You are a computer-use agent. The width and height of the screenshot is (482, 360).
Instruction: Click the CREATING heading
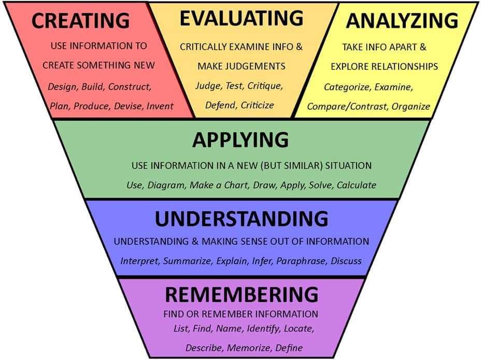[x=80, y=20]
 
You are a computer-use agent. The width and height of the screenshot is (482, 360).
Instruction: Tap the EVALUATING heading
[x=242, y=18]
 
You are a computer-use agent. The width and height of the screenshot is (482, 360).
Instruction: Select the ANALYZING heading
[x=402, y=20]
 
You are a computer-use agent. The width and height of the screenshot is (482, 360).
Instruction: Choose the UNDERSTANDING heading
[x=242, y=219]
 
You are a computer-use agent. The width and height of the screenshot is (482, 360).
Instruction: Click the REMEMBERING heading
[x=242, y=295]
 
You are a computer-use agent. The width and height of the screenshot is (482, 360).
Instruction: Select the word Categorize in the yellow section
[x=346, y=87]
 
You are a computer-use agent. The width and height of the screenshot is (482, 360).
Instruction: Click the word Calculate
[x=357, y=185]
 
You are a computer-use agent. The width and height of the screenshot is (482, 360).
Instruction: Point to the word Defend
[x=220, y=105]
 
